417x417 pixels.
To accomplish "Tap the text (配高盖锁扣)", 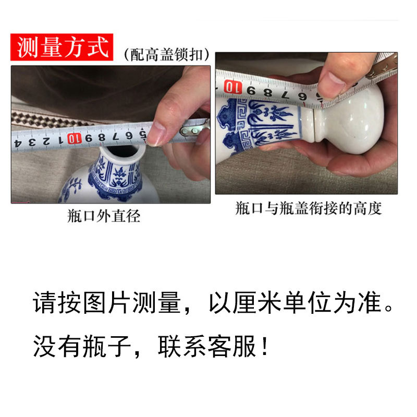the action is click(167, 55).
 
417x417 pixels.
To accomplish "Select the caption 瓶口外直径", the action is click(104, 216).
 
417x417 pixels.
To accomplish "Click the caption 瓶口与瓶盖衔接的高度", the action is click(308, 208).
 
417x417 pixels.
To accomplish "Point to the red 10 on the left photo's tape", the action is click(74, 139).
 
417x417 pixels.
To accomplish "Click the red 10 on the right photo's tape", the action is click(233, 87).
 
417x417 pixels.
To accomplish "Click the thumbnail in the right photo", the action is click(330, 85).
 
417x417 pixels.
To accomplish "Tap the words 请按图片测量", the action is click(107, 303).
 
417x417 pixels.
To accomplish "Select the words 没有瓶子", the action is click(82, 346).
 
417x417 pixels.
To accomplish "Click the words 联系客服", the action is click(207, 346).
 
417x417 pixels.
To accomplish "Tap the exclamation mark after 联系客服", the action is click(264, 346).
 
